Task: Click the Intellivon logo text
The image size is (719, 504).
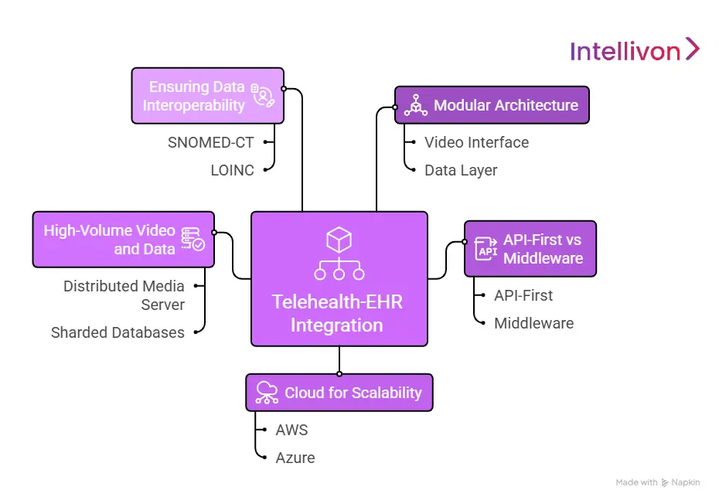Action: [625, 51]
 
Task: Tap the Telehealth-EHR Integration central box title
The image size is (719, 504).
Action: [337, 313]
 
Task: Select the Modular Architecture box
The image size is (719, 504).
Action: [492, 105]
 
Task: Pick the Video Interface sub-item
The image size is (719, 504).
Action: [476, 142]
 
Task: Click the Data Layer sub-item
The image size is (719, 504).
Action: [461, 170]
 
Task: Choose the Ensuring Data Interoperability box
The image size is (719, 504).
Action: [207, 96]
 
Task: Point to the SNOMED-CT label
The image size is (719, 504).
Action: [210, 142]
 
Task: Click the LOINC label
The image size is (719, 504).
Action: [232, 170]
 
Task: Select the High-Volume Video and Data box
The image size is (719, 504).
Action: [123, 240]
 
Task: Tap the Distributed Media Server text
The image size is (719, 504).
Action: [124, 295]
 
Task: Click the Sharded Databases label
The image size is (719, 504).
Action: [118, 332]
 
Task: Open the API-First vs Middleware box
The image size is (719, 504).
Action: [530, 249]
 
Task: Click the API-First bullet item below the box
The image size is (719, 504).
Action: [523, 295]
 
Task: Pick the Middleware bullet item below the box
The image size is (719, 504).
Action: [533, 323]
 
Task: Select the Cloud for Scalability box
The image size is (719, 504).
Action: [339, 393]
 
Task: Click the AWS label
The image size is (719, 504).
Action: [291, 430]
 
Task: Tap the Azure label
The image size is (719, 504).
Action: [295, 458]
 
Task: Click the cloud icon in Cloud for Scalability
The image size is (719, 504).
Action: [267, 393]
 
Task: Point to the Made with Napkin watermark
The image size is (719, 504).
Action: [657, 482]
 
